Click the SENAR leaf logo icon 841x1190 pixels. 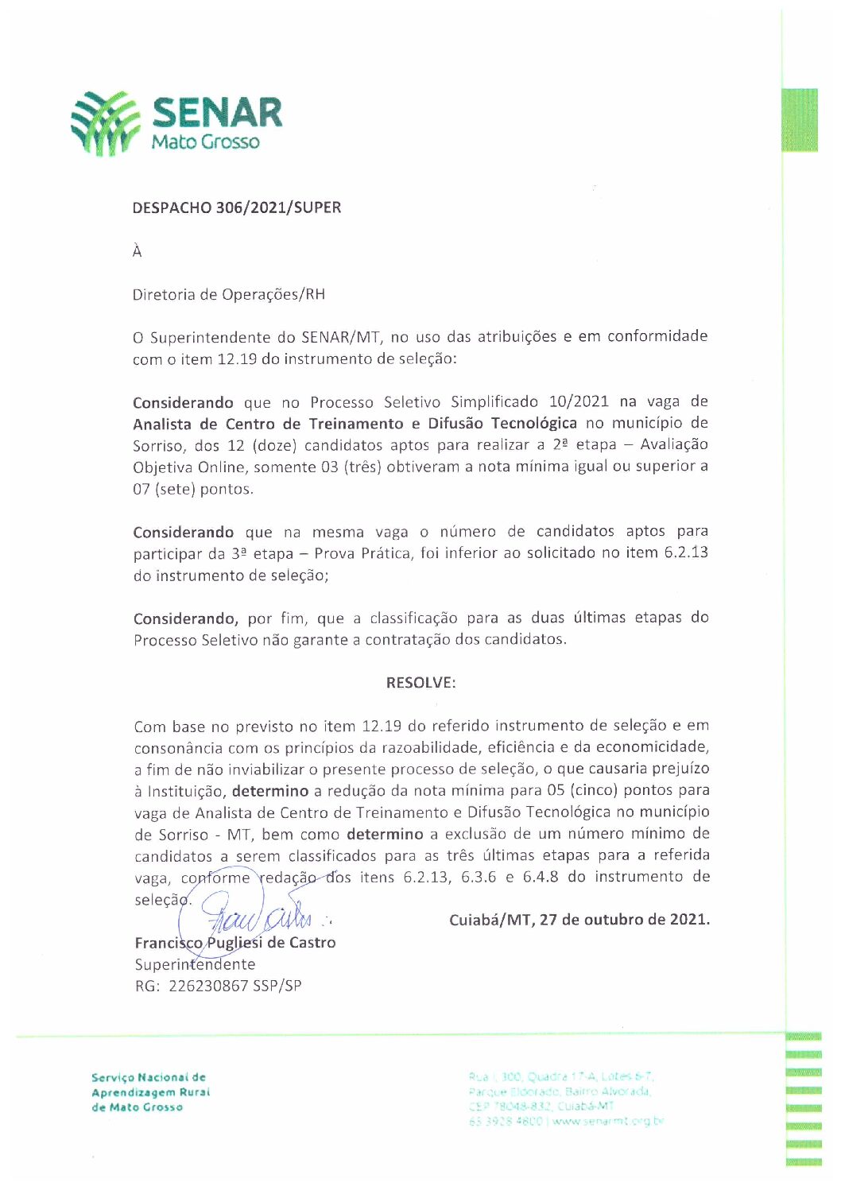(x=105, y=122)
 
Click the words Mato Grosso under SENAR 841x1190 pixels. (x=205, y=142)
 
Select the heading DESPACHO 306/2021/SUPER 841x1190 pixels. (x=236, y=207)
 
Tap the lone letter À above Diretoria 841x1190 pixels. (x=137, y=251)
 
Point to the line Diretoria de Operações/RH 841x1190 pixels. (x=228, y=294)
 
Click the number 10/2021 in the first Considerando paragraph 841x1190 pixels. (x=579, y=401)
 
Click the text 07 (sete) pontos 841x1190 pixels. (x=192, y=489)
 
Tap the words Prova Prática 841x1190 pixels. (x=363, y=553)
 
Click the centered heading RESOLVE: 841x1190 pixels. (x=420, y=683)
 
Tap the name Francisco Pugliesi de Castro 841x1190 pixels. (x=235, y=943)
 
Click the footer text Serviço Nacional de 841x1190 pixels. (x=148, y=1078)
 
